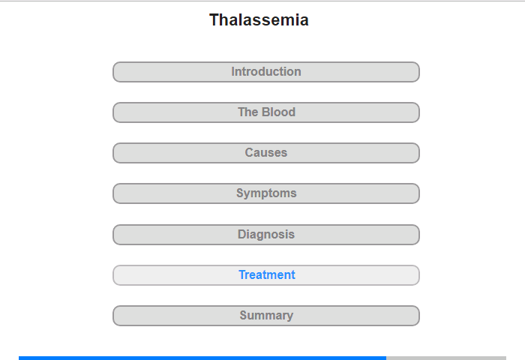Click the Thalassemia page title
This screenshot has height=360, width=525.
(x=259, y=19)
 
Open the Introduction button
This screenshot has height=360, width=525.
(x=266, y=72)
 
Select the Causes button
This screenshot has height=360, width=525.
(x=266, y=153)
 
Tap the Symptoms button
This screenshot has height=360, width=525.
(x=266, y=193)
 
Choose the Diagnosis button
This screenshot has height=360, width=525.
(x=266, y=235)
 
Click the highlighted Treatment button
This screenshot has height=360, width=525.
(x=266, y=275)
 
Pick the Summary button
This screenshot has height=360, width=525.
(x=266, y=316)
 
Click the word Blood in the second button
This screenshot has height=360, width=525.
(x=278, y=112)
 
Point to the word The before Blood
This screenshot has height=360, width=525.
(x=248, y=112)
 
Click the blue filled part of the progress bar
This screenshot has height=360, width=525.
(x=202, y=358)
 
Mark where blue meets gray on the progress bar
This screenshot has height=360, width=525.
(x=386, y=358)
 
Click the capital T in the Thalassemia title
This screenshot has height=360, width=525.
(x=214, y=19)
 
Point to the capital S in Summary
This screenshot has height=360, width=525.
(x=244, y=316)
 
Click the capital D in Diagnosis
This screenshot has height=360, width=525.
(x=242, y=235)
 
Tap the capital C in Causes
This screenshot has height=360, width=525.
(x=250, y=153)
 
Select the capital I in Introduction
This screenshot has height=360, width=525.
(x=233, y=72)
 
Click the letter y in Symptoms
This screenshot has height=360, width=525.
(x=247, y=194)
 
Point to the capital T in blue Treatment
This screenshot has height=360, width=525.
(x=243, y=275)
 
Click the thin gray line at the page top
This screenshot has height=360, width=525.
(x=262, y=1)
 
